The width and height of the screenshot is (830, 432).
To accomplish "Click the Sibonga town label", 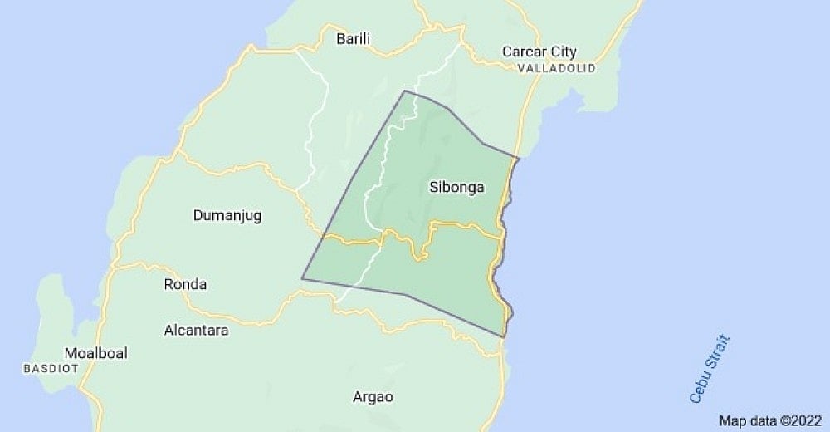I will [456, 187].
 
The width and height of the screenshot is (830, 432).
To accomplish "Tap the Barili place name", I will [353, 38].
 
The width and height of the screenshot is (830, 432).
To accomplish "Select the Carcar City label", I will [539, 52].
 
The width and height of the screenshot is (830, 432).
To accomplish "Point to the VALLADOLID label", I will [555, 68].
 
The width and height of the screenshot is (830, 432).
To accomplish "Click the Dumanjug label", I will [227, 216].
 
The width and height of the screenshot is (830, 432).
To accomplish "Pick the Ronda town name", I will [185, 284].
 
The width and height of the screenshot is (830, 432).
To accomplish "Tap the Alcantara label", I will [197, 330].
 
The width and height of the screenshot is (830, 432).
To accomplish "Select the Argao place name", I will [372, 396].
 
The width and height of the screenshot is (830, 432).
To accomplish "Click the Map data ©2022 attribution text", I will [769, 420].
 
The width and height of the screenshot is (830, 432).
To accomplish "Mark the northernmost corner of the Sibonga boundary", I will [404, 91].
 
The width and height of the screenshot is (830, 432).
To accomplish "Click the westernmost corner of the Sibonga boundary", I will [302, 278].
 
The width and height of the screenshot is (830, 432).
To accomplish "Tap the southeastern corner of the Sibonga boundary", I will [504, 337].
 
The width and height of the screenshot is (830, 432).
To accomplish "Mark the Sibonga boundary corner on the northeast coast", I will [519, 158].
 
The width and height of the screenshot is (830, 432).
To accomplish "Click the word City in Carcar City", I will [562, 52].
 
